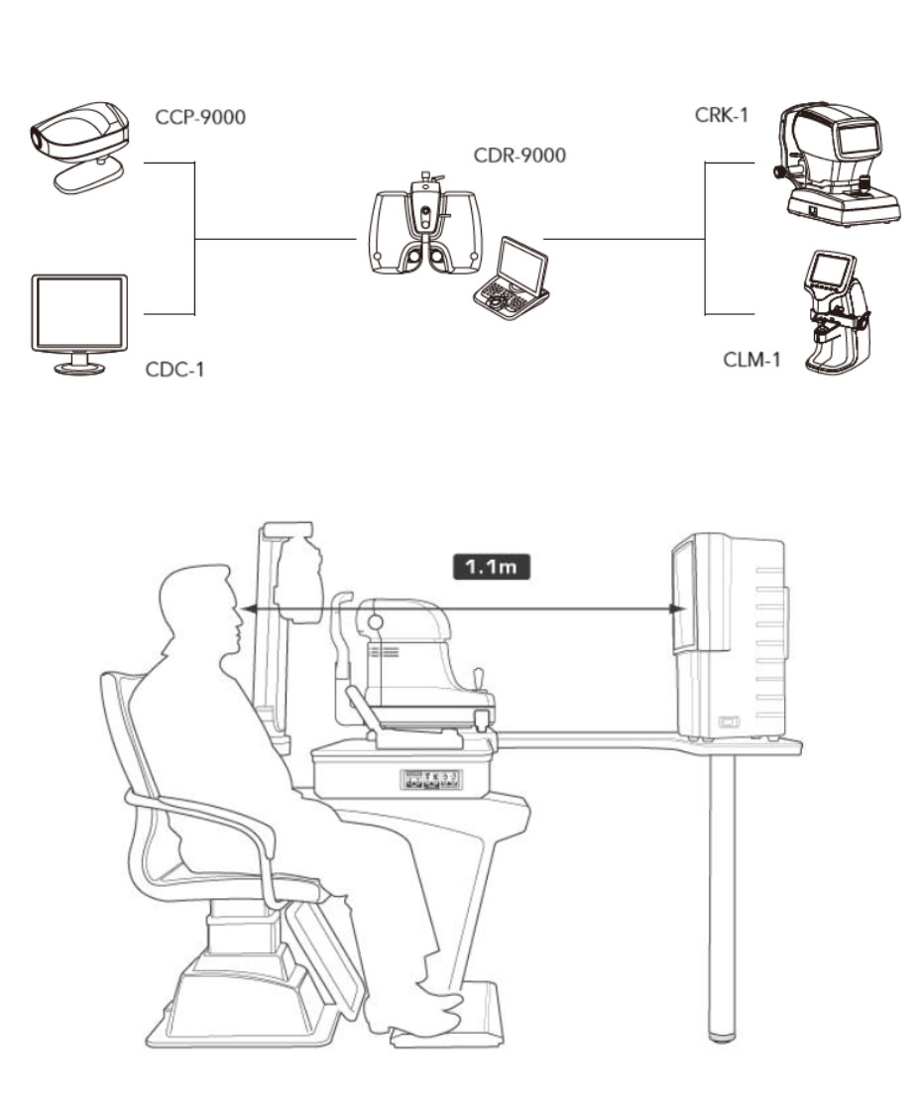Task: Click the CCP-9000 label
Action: pyautogui.click(x=200, y=119)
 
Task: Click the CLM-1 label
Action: pyautogui.click(x=750, y=359)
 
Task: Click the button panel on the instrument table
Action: pyautogui.click(x=430, y=779)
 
